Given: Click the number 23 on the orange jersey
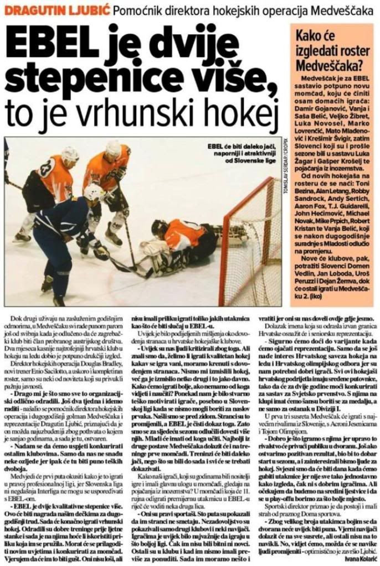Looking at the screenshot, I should click(x=48, y=165).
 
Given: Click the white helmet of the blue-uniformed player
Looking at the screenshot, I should click(x=94, y=192).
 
